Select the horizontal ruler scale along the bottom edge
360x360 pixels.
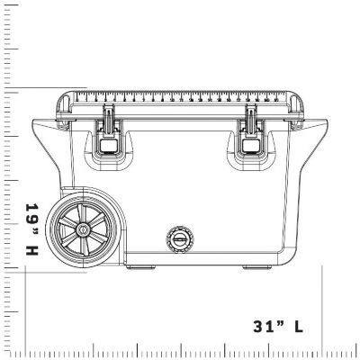point(180,351)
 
